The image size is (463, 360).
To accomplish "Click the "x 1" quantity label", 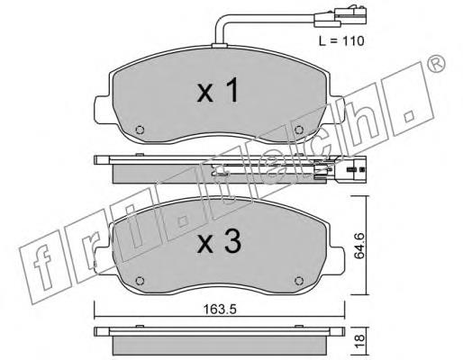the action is (x=218, y=90).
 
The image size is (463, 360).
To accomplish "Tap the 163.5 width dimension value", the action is (x=220, y=310).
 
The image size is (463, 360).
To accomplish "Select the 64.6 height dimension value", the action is (x=359, y=245).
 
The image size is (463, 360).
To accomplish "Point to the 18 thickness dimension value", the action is (x=359, y=341).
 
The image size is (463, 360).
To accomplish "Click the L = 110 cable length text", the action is (x=341, y=40).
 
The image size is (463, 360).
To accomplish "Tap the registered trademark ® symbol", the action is (x=436, y=63).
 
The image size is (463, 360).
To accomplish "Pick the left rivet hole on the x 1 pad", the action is (x=140, y=130).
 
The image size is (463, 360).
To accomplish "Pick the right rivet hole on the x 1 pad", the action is (x=299, y=130).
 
